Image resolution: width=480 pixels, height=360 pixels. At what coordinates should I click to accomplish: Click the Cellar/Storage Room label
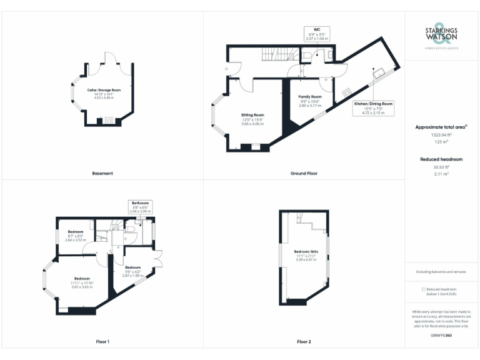tap(104, 94)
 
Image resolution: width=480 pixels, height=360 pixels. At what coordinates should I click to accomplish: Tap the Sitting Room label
tap(253, 119)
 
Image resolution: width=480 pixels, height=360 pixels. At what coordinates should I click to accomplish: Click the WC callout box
tap(317, 34)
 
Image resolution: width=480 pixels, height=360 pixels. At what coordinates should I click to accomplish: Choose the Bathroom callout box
tap(140, 207)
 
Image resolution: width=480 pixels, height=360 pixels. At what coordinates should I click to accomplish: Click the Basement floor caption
tap(102, 173)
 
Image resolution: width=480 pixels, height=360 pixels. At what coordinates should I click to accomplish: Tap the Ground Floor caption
tap(304, 173)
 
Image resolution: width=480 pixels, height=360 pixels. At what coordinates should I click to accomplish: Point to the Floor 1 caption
tap(102, 342)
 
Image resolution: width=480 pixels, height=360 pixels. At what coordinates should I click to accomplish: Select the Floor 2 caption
tap(304, 342)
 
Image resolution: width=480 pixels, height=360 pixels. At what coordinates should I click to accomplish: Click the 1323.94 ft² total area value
tap(441, 134)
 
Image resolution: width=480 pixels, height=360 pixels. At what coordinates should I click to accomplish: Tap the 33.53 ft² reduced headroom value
tap(441, 167)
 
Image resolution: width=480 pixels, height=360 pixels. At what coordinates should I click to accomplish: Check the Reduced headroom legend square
tap(424, 289)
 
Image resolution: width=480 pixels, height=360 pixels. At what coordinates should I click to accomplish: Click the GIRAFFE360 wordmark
tap(441, 336)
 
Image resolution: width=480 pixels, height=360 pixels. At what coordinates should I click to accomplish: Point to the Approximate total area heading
tap(441, 127)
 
